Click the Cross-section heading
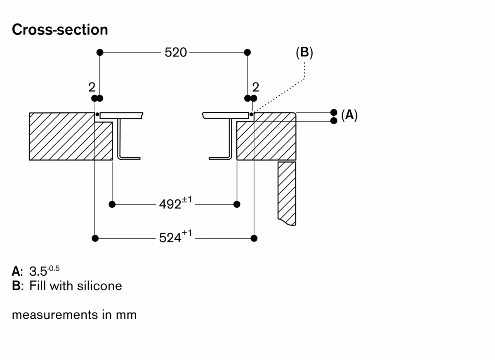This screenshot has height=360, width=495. click(60, 30)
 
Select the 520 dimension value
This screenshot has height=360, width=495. click(176, 52)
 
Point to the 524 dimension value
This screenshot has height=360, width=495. click(170, 238)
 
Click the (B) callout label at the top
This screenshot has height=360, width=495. click(304, 52)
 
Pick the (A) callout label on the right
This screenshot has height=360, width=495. click(349, 115)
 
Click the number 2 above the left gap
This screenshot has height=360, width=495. click(92, 87)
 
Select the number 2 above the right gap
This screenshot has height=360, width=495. click(256, 87)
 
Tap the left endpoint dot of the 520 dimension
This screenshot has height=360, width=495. click(99, 52)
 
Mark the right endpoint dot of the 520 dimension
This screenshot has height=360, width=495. click(247, 52)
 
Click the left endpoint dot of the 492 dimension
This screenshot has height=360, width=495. click(112, 204)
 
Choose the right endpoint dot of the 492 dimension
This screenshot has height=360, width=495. click(237, 204)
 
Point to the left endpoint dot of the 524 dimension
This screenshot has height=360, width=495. click(95, 238)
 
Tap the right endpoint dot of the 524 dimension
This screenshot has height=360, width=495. click(254, 238)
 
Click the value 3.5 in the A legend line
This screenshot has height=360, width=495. click(38, 272)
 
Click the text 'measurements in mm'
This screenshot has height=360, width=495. click(74, 315)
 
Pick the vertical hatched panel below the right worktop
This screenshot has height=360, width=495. click(287, 192)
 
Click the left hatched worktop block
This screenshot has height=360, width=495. click(62, 136)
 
